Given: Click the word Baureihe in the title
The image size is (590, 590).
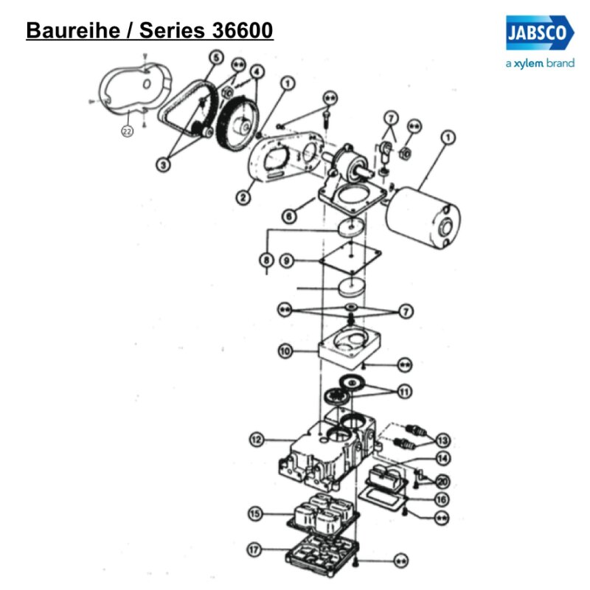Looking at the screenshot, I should (69, 31).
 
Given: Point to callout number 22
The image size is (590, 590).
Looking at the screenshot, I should (127, 132).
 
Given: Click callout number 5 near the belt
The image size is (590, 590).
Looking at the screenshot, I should (215, 58).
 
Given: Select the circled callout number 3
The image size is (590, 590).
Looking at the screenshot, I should (164, 166).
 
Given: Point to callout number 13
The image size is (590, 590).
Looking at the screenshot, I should (442, 440).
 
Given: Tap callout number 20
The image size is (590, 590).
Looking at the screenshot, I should (442, 481).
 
